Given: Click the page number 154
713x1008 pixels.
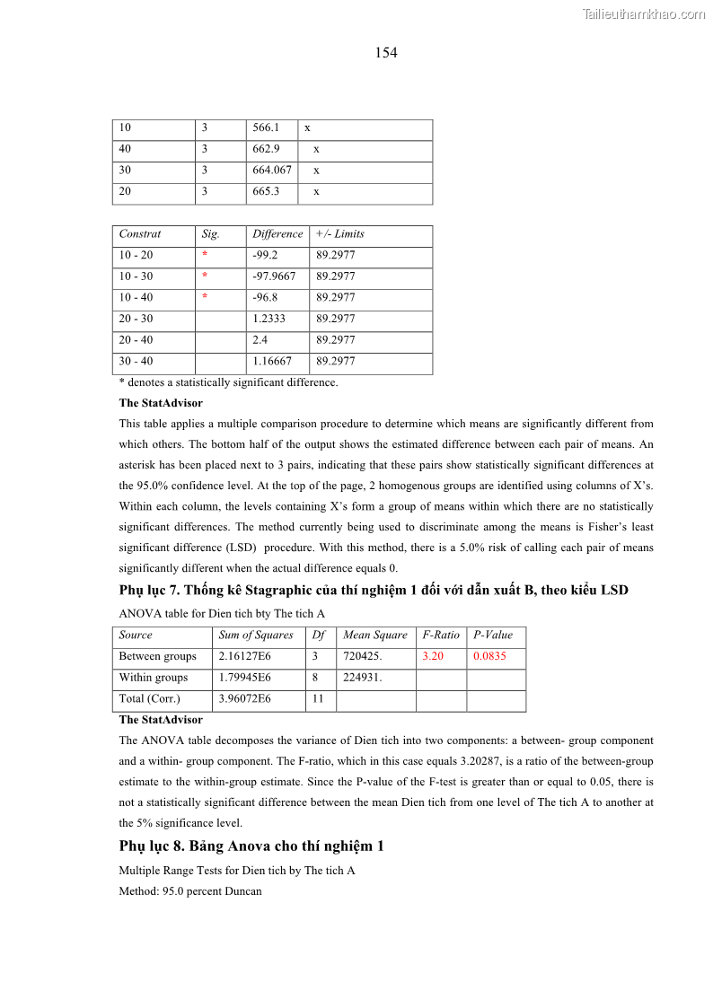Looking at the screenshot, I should click(x=386, y=53).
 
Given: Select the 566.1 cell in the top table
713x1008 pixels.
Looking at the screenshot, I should click(x=266, y=128).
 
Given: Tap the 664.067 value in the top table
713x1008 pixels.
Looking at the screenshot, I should click(x=272, y=171).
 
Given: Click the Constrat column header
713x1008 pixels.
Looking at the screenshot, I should click(x=140, y=234).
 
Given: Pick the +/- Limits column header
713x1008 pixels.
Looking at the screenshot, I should click(x=340, y=234).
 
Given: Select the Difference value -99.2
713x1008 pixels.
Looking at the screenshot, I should click(x=265, y=256).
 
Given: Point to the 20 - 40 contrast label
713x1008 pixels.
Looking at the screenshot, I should click(x=136, y=340).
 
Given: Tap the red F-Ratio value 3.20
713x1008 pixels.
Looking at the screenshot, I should click(x=433, y=657).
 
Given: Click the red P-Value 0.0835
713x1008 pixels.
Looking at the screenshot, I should click(x=489, y=657).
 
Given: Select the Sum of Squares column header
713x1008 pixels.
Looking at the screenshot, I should click(x=256, y=635).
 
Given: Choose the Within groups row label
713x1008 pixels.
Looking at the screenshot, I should click(x=154, y=678).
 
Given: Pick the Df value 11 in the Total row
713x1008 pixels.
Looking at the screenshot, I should click(x=319, y=699).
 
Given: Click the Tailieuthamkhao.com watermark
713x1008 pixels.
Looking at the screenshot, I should click(x=644, y=13).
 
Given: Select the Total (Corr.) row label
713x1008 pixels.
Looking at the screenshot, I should click(x=149, y=699).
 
